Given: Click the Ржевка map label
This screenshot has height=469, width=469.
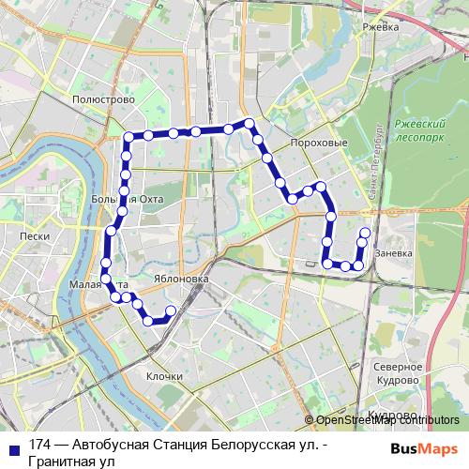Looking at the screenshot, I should pyautogui.click(x=381, y=27).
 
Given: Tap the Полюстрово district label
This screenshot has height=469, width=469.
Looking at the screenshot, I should pyautogui.click(x=103, y=98).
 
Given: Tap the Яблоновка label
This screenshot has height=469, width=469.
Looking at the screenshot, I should pyautogui.click(x=177, y=280).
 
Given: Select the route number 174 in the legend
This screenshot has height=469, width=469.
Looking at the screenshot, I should pyautogui.click(x=39, y=446).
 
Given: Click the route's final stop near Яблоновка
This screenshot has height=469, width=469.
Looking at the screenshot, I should pyautogui.click(x=171, y=310).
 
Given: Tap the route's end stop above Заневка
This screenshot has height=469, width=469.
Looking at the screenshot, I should pyautogui.click(x=365, y=232).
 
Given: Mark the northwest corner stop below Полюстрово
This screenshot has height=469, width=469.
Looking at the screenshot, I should pyautogui.click(x=128, y=139).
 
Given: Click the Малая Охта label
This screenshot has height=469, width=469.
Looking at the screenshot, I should pyautogui.click(x=95, y=282).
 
